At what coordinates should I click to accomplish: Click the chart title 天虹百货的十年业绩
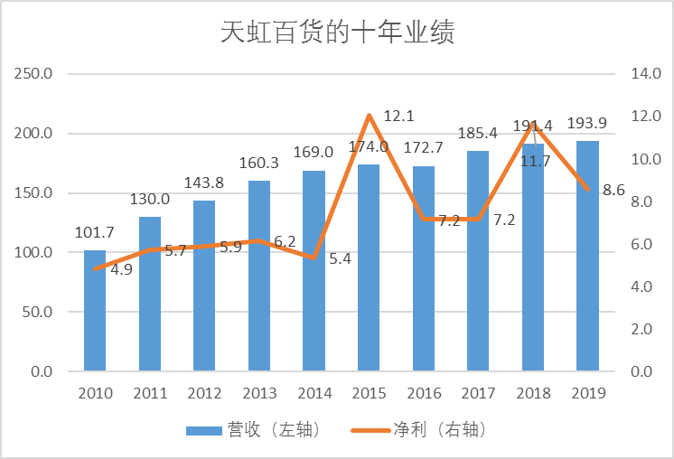(337, 33)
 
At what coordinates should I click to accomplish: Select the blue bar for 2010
(95, 311)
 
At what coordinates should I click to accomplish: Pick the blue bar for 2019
(587, 257)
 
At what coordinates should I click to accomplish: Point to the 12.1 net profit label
(398, 116)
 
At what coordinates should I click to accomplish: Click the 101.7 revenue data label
(94, 233)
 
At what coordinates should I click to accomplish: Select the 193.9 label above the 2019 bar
(586, 124)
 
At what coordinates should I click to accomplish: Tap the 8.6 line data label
(613, 190)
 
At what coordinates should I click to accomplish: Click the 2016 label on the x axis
(423, 393)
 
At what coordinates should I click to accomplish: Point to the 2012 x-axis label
(204, 393)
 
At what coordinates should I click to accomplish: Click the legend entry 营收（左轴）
(253, 429)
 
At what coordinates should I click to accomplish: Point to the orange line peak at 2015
(369, 115)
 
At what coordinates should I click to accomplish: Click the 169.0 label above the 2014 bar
(314, 153)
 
